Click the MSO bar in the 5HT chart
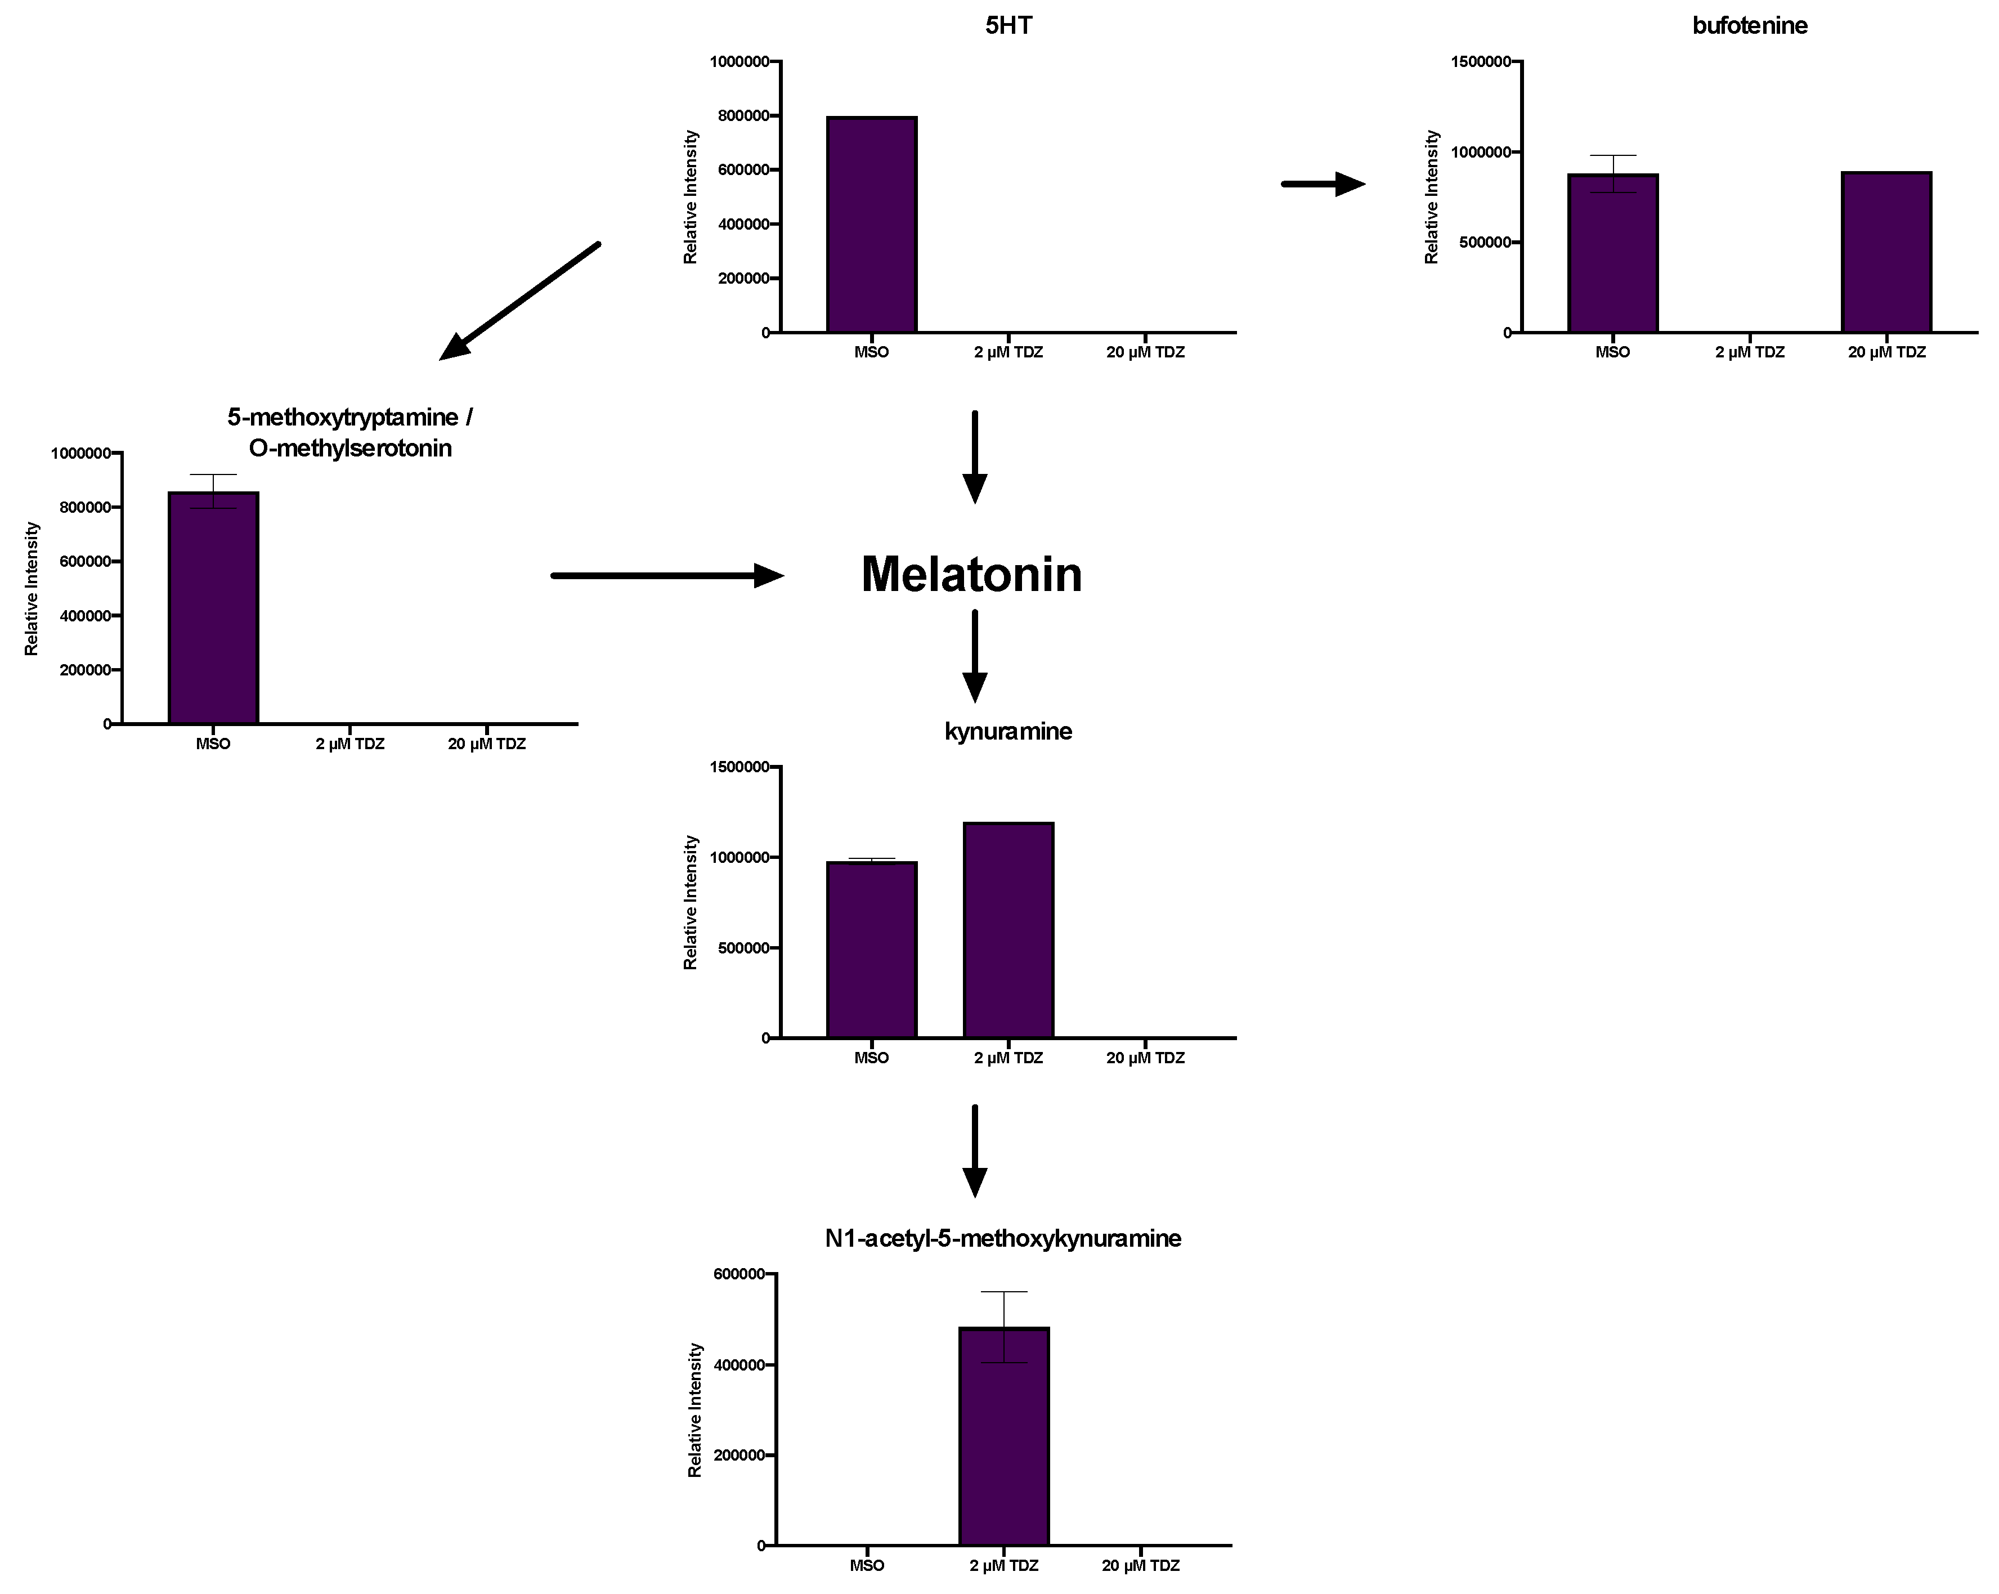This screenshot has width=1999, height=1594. click(x=872, y=225)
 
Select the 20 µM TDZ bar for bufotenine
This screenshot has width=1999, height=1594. click(x=1886, y=252)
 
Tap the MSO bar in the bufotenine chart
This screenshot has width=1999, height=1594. click(x=1612, y=253)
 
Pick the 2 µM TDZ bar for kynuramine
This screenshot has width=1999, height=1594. click(x=1008, y=930)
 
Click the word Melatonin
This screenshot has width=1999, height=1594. click(x=971, y=574)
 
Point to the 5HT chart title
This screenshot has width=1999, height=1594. click(x=1008, y=25)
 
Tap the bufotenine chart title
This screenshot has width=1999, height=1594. click(x=1749, y=25)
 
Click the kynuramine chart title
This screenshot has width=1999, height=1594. click(x=1008, y=731)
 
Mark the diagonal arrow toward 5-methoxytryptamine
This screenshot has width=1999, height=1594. click(x=519, y=301)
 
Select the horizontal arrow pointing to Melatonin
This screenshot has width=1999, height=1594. click(x=667, y=576)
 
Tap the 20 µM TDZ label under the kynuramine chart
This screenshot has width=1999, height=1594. click(x=1145, y=1057)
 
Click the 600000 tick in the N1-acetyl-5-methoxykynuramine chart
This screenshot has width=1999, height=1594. click(x=739, y=1274)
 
